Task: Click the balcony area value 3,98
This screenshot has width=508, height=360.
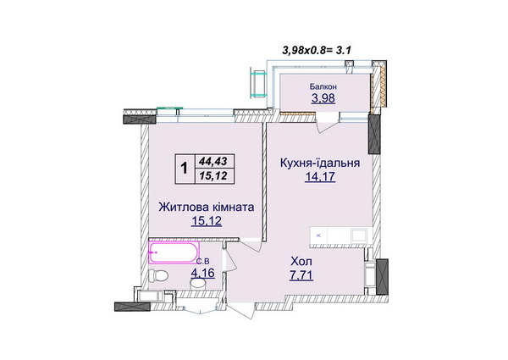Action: pyautogui.click(x=323, y=98)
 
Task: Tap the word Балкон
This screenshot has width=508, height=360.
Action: pyautogui.click(x=323, y=86)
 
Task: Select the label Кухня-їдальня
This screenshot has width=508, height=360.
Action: pyautogui.click(x=320, y=163)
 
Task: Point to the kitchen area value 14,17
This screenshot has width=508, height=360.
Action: pyautogui.click(x=320, y=177)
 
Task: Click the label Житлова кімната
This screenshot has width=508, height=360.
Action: pyautogui.click(x=207, y=207)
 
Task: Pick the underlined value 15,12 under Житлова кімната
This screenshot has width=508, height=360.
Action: pyautogui.click(x=207, y=221)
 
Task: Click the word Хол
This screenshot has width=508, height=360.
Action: pyautogui.click(x=301, y=261)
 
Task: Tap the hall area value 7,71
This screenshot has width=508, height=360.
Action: pyautogui.click(x=301, y=275)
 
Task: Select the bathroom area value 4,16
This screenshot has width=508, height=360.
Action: pyautogui.click(x=203, y=273)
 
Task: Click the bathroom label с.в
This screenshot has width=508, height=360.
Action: pyautogui.click(x=203, y=261)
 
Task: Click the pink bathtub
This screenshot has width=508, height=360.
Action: pyautogui.click(x=174, y=252)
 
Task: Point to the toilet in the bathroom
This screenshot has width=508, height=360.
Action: pyautogui.click(x=157, y=276)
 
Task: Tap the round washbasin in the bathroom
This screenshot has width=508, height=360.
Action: pyautogui.click(x=198, y=284)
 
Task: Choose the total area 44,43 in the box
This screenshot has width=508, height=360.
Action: pyautogui.click(x=213, y=161)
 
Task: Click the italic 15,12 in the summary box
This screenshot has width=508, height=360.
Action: pyautogui.click(x=213, y=176)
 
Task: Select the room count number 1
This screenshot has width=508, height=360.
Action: pyautogui.click(x=184, y=169)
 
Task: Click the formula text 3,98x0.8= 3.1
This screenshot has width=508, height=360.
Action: pyautogui.click(x=317, y=50)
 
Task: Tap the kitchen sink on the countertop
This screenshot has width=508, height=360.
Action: pyautogui.click(x=359, y=235)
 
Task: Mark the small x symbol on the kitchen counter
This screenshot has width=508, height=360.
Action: pyautogui.click(x=318, y=235)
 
